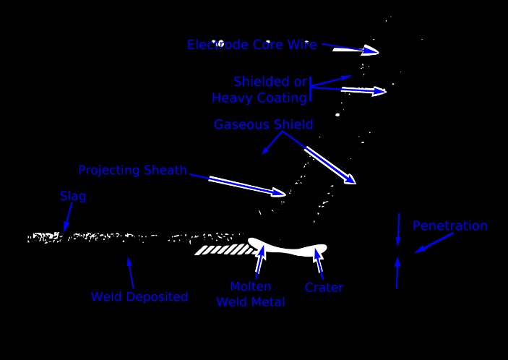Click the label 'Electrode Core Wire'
[x=251, y=45]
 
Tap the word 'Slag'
[x=73, y=197]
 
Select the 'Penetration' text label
[x=449, y=226]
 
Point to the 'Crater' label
[x=324, y=288]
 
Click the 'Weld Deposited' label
[x=139, y=296]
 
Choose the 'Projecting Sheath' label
[x=132, y=171]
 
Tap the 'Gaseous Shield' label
[x=263, y=125]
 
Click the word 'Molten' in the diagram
[x=250, y=287]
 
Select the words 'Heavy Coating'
[x=259, y=98]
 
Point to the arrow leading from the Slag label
[x=69, y=216]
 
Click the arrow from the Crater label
[x=317, y=260]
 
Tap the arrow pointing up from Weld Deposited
[x=130, y=273]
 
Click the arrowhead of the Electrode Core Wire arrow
[x=371, y=51]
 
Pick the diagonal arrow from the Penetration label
[x=434, y=242]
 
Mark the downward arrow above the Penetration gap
[x=398, y=230]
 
